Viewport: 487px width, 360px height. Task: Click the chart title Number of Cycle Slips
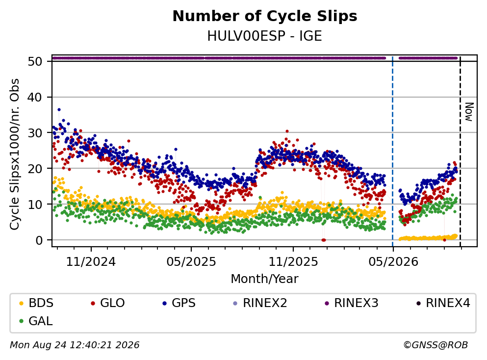[x=265, y=16]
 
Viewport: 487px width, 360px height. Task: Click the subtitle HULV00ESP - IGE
[x=264, y=36]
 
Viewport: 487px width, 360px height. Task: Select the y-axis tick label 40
[x=35, y=97]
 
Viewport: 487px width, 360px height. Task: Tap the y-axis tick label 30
[x=35, y=133]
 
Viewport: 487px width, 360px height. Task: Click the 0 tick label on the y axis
[x=39, y=240]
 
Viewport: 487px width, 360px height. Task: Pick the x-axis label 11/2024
[x=91, y=262]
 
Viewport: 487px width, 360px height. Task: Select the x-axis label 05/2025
[x=191, y=262]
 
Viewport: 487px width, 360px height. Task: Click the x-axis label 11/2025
[x=293, y=262]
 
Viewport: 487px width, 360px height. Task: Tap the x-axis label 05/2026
[x=393, y=262]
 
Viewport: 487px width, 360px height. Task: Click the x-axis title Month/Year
[x=264, y=279]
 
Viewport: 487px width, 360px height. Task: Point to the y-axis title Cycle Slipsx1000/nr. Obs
[x=15, y=154]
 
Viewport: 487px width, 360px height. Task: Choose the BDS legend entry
[x=36, y=303]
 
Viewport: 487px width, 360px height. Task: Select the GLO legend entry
[x=108, y=303]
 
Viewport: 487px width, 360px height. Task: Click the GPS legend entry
[x=179, y=303]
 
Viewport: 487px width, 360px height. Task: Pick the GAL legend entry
[x=36, y=321]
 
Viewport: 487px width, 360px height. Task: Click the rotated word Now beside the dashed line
[x=469, y=112]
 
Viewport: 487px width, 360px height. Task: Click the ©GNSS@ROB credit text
[x=436, y=345]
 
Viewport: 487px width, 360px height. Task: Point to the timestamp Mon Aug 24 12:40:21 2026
[x=75, y=345]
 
